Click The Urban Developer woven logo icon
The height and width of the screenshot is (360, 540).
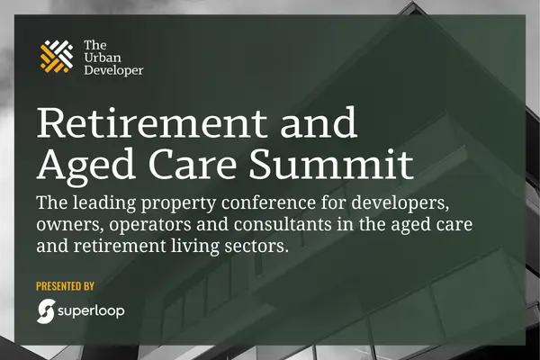pos(57,57)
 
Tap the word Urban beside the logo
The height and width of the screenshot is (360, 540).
pos(103,58)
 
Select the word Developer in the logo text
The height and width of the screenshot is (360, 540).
pos(113,70)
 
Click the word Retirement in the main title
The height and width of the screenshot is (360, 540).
pos(152,122)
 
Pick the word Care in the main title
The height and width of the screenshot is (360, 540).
pos(193,164)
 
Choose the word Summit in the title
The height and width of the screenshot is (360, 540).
pos(331,164)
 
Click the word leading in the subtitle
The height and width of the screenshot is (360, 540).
pos(104,202)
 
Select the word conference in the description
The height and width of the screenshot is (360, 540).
pos(268,202)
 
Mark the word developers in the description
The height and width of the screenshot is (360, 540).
pos(400,203)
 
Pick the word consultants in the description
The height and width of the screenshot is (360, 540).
pos(283,225)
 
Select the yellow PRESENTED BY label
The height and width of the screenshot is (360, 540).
pos(65,286)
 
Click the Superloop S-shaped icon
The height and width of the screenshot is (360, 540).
pos(46,311)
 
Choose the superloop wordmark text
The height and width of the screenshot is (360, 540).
pos(91,311)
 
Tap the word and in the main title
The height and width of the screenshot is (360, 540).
pos(319,122)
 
